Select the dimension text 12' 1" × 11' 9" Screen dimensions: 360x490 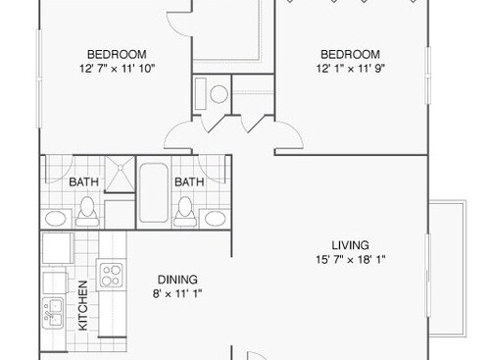pyautogui.click(x=350, y=68)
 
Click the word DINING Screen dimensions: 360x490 pyautogui.click(x=177, y=278)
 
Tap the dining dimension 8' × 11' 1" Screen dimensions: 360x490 pyautogui.click(x=177, y=293)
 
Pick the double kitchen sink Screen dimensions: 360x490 pyautogui.click(x=52, y=315)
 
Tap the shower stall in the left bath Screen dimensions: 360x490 pyautogui.click(x=121, y=178)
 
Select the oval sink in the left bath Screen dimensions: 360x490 pyautogui.click(x=57, y=216)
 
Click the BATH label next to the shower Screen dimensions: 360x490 pyautogui.click(x=82, y=181)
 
